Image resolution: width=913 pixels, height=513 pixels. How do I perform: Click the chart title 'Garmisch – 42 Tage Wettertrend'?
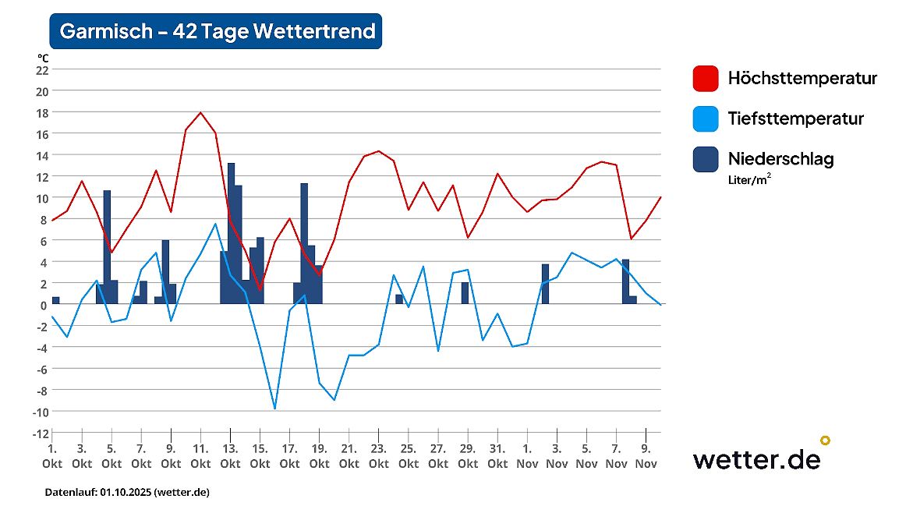point(216,31)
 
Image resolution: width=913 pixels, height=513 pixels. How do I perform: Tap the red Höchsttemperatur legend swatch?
point(705,78)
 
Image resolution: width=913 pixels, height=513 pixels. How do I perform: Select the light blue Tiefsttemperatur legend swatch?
point(705,119)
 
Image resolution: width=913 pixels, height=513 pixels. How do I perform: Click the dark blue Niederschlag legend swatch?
point(705,159)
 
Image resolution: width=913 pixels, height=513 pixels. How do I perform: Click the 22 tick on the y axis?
point(42,69)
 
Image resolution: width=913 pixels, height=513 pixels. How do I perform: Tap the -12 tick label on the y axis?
point(41,433)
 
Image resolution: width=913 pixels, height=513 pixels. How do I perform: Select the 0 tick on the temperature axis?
point(45,305)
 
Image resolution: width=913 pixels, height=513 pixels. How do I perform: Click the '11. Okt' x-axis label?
point(200,456)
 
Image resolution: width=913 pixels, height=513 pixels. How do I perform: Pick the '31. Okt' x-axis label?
point(497,456)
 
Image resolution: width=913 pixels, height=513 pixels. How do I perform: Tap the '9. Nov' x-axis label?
point(646,456)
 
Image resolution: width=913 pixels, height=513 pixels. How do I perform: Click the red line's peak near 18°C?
point(201,113)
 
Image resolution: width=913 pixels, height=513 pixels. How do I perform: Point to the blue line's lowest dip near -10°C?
point(274,408)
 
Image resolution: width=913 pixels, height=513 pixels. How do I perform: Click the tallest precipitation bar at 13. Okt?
point(231,234)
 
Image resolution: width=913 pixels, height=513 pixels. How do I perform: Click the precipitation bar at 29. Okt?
point(465,293)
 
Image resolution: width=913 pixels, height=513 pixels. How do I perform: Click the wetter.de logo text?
point(756,458)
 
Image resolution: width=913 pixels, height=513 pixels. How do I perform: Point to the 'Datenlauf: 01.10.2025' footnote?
point(127,493)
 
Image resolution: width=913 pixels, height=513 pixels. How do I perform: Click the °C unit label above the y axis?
point(43,58)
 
